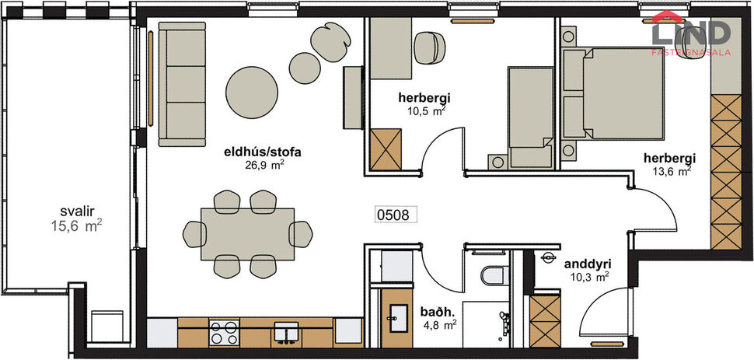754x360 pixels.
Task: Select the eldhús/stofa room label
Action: click(261, 159)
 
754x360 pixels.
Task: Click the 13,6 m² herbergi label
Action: click(667, 165)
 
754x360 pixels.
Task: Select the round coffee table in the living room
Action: click(252, 91)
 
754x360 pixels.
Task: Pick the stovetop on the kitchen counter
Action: click(225, 333)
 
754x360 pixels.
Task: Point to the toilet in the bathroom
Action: click(493, 277)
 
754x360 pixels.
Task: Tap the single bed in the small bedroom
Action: click(529, 117)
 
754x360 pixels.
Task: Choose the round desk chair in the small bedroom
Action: click(428, 48)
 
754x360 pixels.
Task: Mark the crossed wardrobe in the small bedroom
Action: click(386, 148)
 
